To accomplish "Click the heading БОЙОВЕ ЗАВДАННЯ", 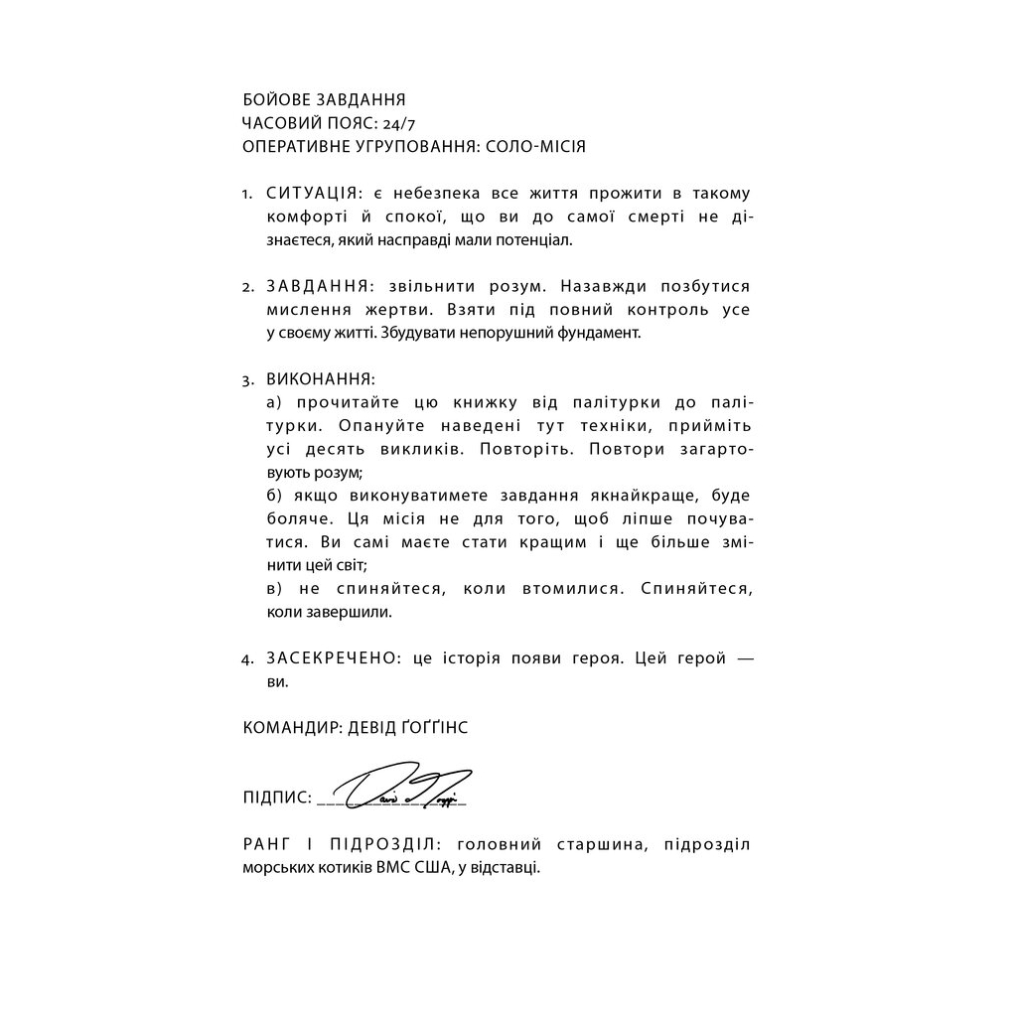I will pyautogui.click(x=324, y=100).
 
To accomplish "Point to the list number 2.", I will pyautogui.click(x=247, y=288).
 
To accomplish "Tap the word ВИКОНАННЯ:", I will pyautogui.click(x=320, y=380).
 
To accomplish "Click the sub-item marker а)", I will pyautogui.click(x=275, y=402).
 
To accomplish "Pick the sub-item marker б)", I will pyautogui.click(x=275, y=496).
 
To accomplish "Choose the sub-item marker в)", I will pyautogui.click(x=275, y=589).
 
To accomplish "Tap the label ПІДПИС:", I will pyautogui.click(x=277, y=798).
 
